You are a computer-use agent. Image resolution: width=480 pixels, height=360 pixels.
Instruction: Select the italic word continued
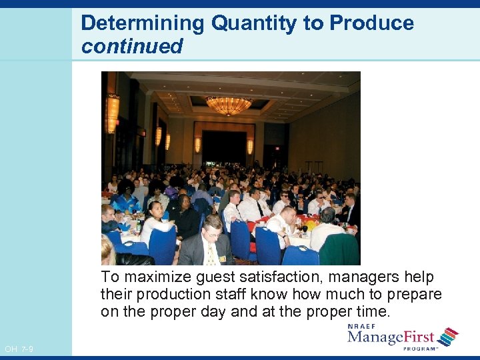click(x=131, y=46)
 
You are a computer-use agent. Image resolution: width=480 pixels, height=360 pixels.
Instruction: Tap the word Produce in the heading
click(x=371, y=23)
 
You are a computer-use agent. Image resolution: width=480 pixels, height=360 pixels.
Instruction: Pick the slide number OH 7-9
click(x=18, y=349)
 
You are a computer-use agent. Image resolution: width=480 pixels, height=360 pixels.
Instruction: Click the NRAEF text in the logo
click(x=361, y=327)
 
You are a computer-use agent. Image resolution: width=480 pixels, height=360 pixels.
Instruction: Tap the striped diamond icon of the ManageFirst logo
click(x=447, y=336)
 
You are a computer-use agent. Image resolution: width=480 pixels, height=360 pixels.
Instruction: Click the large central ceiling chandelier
click(x=229, y=105)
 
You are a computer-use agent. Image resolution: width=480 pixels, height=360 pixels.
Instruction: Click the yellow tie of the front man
click(x=211, y=254)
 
